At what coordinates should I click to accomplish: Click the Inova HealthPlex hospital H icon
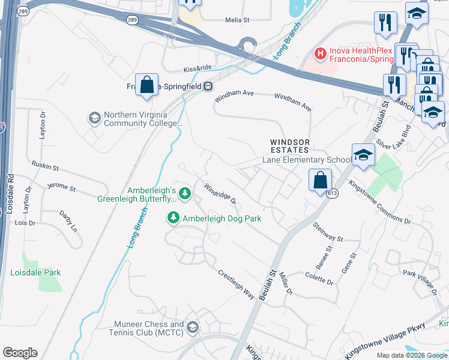[320, 54]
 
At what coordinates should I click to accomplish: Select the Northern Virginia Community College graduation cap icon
[94, 118]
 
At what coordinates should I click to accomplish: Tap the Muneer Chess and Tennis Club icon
[192, 327]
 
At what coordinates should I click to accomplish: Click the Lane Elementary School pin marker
[363, 155]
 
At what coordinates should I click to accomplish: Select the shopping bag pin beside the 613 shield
[321, 179]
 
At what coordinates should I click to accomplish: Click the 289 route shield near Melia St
[132, 20]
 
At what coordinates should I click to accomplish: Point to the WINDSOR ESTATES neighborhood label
[289, 146]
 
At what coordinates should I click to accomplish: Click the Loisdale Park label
[35, 272]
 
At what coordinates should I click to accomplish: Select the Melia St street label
[237, 20]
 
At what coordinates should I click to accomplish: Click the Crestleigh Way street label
[236, 283]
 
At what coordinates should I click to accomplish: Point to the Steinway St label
[327, 232]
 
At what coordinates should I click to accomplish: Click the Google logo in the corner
[20, 353]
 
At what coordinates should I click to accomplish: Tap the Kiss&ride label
[198, 70]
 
